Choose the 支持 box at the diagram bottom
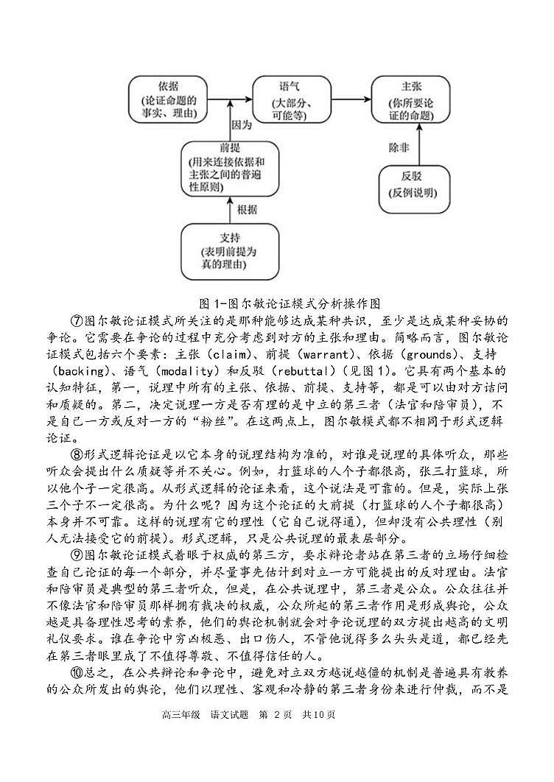tap(231, 251)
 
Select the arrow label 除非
tap(399, 147)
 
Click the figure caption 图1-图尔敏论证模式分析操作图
tap(276, 303)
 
